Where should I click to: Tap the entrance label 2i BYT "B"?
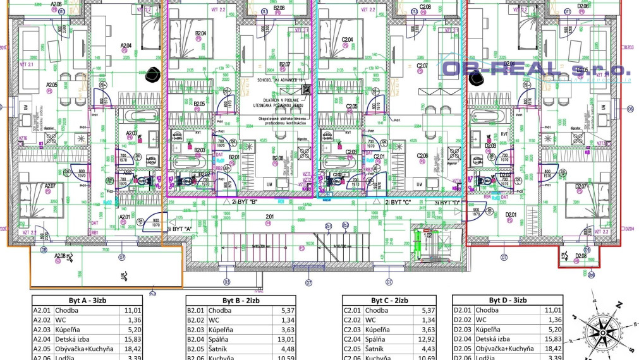(x=246, y=203)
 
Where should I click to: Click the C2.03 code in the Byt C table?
(x=351, y=330)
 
